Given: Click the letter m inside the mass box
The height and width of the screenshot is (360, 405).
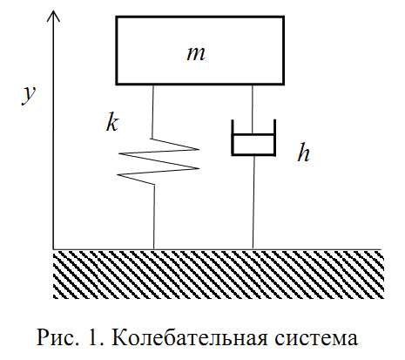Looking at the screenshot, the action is point(196,54).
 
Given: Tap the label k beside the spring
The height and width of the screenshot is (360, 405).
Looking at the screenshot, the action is point(112,123).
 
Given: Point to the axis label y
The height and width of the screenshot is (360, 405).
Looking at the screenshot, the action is point(29,95).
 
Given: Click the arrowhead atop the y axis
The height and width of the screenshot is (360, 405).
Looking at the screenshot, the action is point(53,17).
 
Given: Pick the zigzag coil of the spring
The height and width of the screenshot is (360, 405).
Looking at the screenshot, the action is point(159,161).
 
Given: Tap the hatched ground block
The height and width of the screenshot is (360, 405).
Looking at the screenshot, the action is point(219,275).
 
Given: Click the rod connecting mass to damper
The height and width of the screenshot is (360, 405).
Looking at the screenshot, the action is point(253,110).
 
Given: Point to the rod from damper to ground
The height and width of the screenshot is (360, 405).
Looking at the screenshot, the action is point(253,202).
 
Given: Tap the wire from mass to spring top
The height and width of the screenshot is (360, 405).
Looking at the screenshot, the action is point(152,112).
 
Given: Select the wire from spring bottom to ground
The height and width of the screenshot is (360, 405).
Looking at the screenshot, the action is point(154,217).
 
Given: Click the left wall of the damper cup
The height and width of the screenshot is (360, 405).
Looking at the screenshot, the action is point(233,137).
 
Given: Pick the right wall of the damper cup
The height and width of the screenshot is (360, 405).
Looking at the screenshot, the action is point(274,137).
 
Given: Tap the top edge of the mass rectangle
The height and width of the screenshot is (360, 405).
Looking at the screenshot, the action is point(200,17).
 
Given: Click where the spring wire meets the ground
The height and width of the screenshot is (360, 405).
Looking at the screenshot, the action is point(154,249).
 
